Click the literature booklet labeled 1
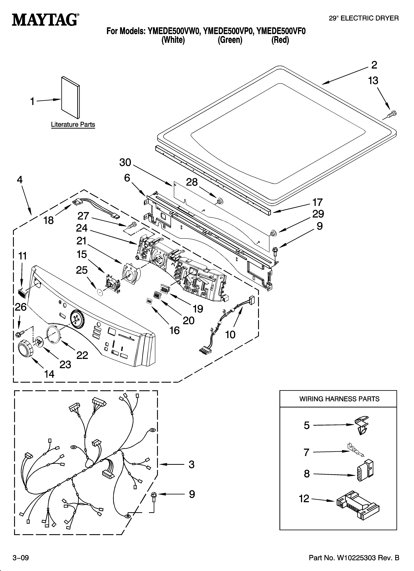pyautogui.click(x=70, y=97)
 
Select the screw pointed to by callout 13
pyautogui.click(x=392, y=114)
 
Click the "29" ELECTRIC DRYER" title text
pyautogui.click(x=364, y=18)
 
